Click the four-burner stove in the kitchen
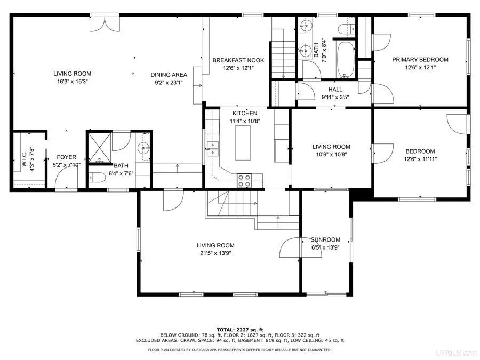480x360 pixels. (245, 180)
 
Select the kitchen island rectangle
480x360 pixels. (243, 140)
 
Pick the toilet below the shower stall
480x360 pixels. (97, 179)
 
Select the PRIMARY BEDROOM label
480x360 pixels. (420, 60)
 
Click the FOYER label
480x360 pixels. (67, 157)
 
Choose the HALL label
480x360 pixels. (335, 90)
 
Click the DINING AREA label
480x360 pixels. (169, 75)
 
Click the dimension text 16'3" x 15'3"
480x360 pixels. (72, 82)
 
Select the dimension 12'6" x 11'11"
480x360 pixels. (420, 159)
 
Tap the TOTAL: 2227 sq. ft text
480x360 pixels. (240, 329)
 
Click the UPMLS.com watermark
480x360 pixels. (455, 353)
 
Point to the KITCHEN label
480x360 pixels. (245, 113)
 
